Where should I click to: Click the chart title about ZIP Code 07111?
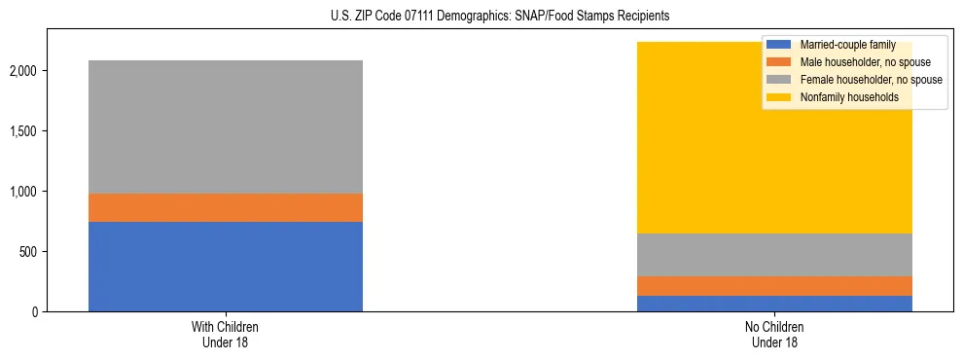[x=481, y=17]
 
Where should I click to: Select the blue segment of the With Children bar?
[x=226, y=267]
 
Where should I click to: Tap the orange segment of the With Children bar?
[x=226, y=207]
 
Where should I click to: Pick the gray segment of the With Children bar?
[x=226, y=126]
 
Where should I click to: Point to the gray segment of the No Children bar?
[x=774, y=255]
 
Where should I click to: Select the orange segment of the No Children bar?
[x=774, y=286]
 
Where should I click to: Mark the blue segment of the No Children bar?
[x=774, y=304]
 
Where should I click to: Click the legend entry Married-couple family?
[x=847, y=45]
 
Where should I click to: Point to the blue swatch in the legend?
[x=779, y=45]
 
